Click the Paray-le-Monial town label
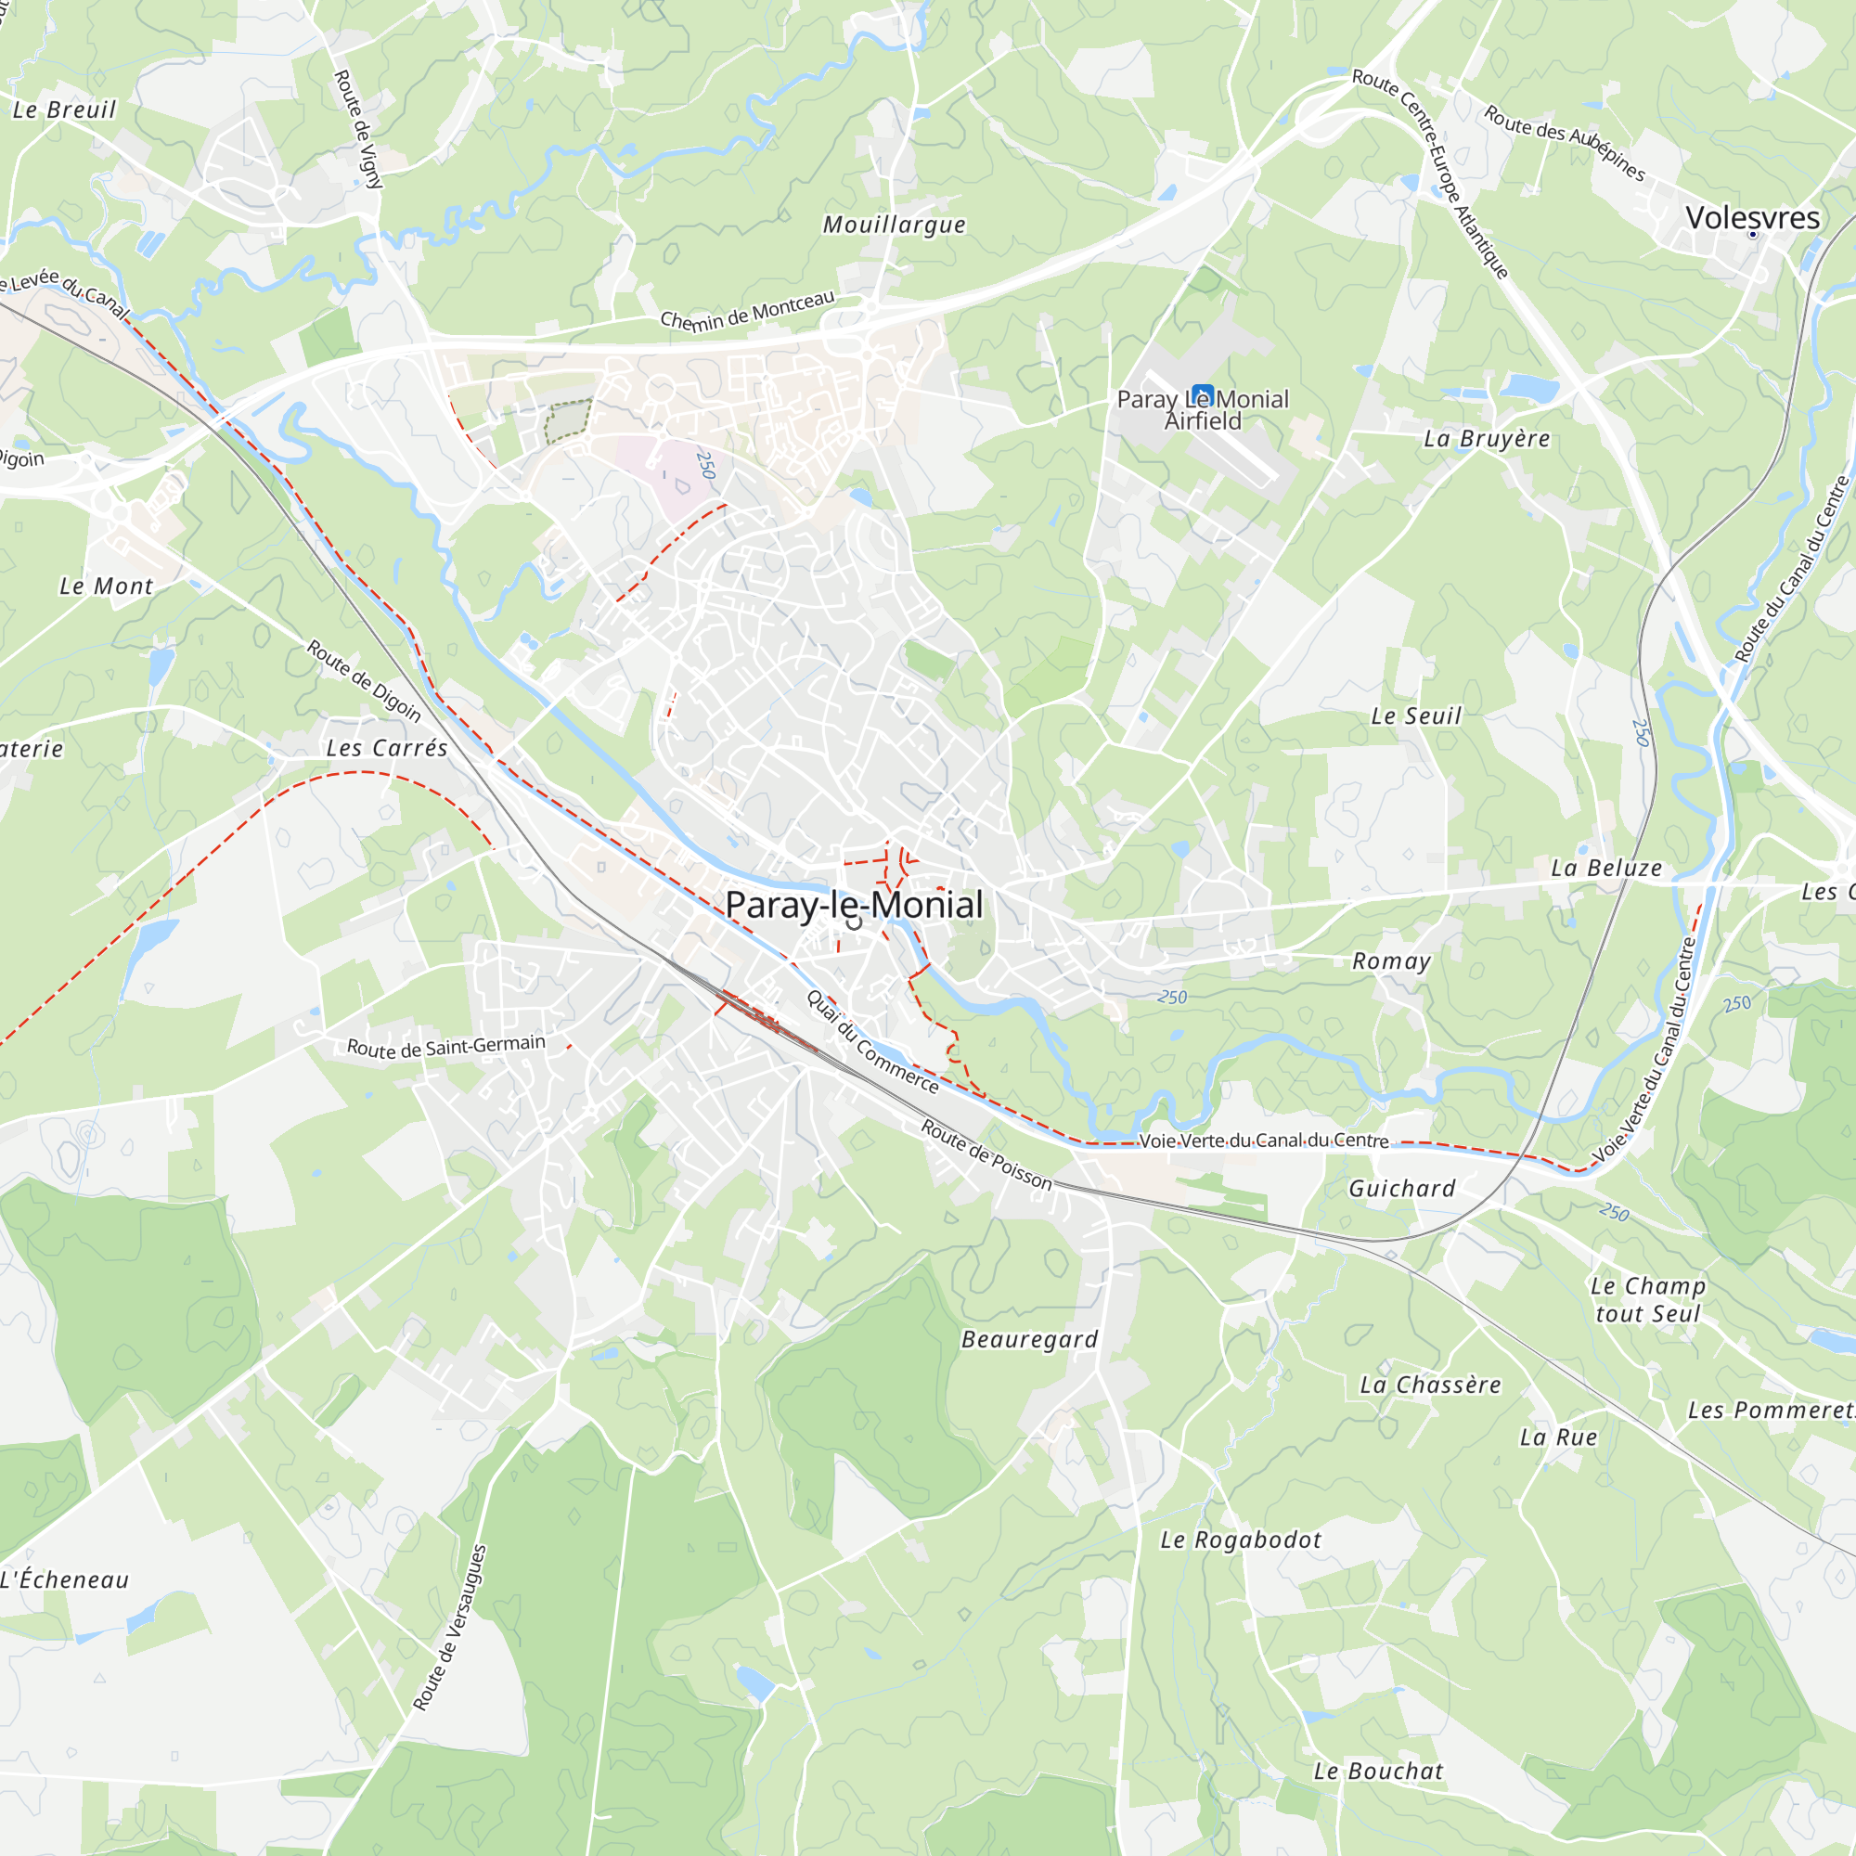coord(853,904)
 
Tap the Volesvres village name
coord(1752,218)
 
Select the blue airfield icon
coord(1203,394)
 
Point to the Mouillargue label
coord(894,225)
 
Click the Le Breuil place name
coord(63,110)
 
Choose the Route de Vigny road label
coord(358,129)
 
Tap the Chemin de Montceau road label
coord(747,309)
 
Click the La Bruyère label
coord(1486,439)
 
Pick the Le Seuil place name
coord(1415,715)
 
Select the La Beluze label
coord(1606,869)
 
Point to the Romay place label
coord(1391,960)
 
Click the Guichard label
coord(1401,1189)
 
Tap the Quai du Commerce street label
coord(872,1042)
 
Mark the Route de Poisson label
coord(986,1154)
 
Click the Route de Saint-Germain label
coord(445,1046)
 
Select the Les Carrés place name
coord(386,748)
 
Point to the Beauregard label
coord(1029,1339)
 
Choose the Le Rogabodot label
coord(1240,1540)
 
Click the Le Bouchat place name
coord(1377,1772)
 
